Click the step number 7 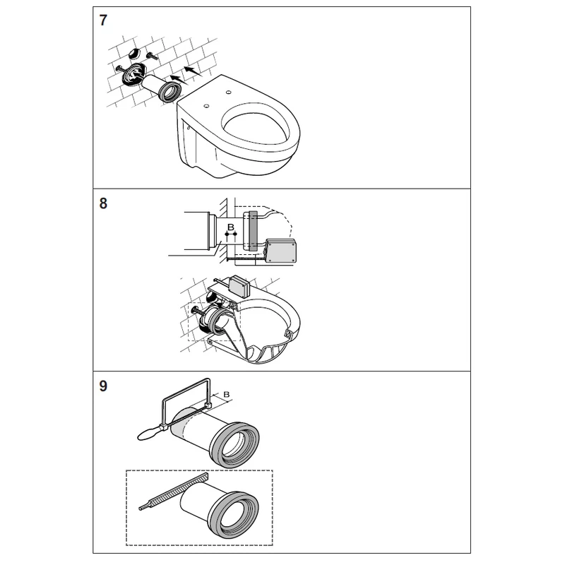(103, 20)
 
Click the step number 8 (103, 203)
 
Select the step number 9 (103, 386)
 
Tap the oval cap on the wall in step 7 (134, 54)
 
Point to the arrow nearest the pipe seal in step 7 (178, 79)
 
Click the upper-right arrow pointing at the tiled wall (193, 71)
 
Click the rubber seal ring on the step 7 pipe (169, 92)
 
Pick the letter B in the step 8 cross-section (231, 227)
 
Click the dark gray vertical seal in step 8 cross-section (253, 231)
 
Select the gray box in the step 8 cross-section (281, 251)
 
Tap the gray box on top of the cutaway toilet (239, 286)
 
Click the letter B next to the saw (226, 394)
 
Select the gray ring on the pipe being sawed (234, 444)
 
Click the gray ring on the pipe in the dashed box (234, 514)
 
